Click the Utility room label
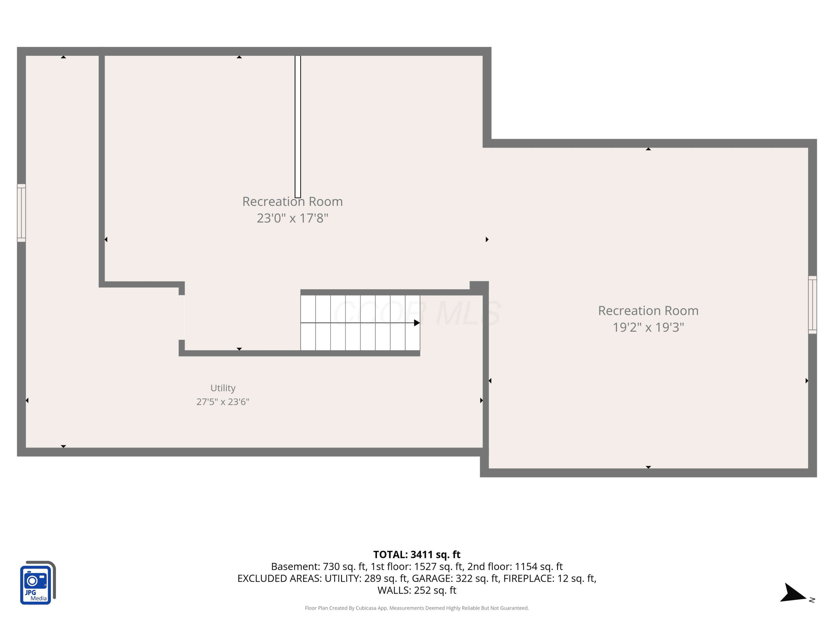(x=223, y=388)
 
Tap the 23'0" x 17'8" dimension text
(x=292, y=218)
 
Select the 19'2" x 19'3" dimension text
(x=648, y=327)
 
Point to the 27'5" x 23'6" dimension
(x=223, y=402)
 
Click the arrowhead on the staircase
(x=417, y=323)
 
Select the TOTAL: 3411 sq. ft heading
(x=417, y=554)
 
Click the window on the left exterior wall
(x=21, y=213)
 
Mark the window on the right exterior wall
(x=813, y=305)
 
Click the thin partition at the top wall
(x=298, y=127)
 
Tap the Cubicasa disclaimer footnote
(x=417, y=608)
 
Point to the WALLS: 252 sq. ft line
(x=417, y=590)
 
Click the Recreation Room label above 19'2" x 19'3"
(x=648, y=311)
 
